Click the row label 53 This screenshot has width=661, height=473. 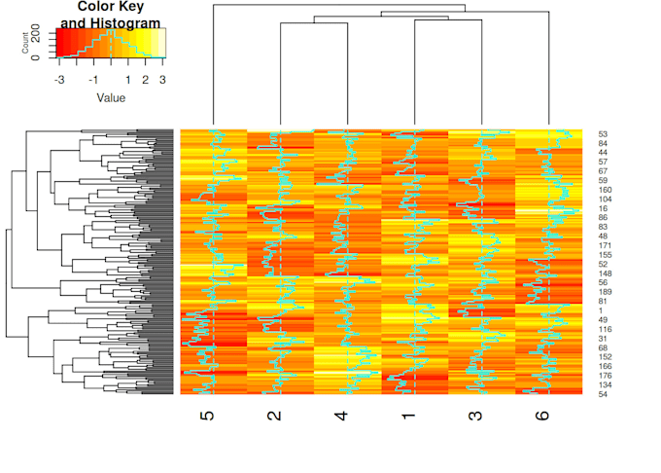603,134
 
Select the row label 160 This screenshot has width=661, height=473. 605,190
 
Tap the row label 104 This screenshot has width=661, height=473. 605,200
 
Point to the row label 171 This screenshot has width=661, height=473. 605,245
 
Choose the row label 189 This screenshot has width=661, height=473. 605,292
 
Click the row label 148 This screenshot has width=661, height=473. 605,273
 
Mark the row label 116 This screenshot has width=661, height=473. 605,329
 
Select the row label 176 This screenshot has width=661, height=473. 605,376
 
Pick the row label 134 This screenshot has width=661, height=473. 605,384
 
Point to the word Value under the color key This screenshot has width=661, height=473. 111,97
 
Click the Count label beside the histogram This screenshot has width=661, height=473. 25,42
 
